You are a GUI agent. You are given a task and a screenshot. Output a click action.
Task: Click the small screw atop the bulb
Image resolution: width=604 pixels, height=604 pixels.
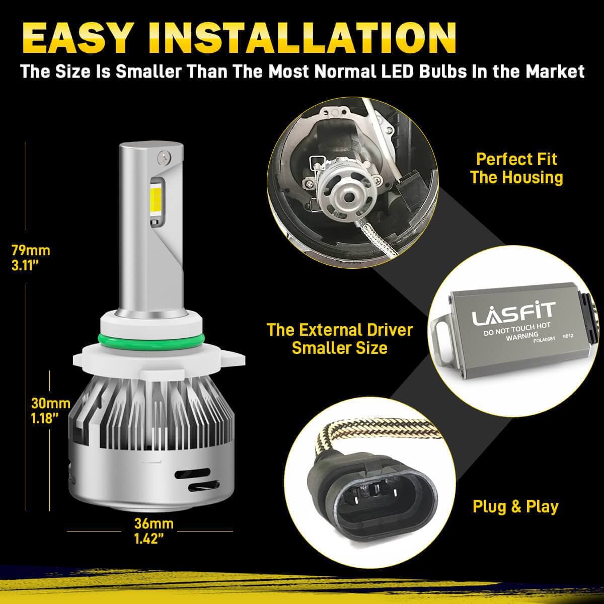(x=163, y=157)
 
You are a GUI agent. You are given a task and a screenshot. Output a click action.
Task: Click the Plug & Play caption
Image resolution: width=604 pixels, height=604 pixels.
(x=515, y=506)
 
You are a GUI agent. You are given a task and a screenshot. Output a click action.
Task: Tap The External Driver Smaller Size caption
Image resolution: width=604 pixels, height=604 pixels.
(x=340, y=339)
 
